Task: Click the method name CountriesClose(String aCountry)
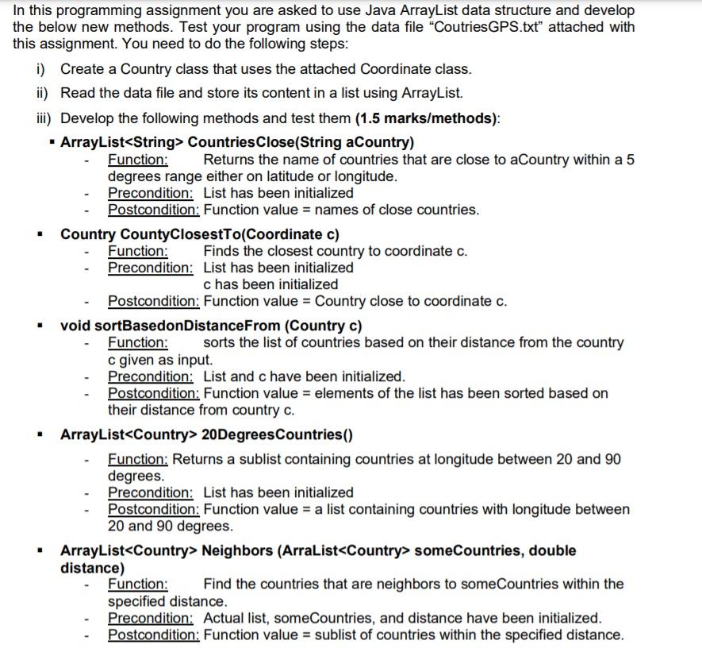click(301, 143)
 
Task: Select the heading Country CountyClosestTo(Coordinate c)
click(199, 234)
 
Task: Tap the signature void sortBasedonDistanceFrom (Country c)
click(211, 326)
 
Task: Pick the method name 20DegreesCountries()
click(277, 434)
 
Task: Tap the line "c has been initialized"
click(270, 284)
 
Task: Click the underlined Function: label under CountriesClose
click(137, 160)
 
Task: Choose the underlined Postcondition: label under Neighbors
click(153, 635)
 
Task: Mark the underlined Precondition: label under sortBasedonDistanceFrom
click(150, 376)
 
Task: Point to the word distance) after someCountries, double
click(92, 568)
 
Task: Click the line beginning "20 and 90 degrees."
click(170, 526)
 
